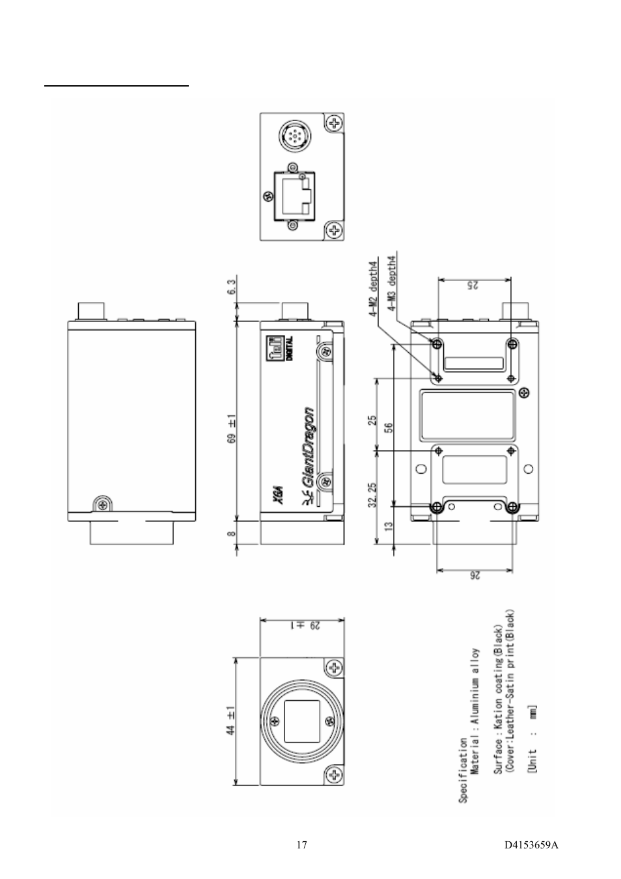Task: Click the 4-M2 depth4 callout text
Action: coord(374,288)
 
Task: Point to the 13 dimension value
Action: coord(389,526)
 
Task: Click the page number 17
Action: coord(301,845)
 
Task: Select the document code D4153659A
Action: coord(531,845)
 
